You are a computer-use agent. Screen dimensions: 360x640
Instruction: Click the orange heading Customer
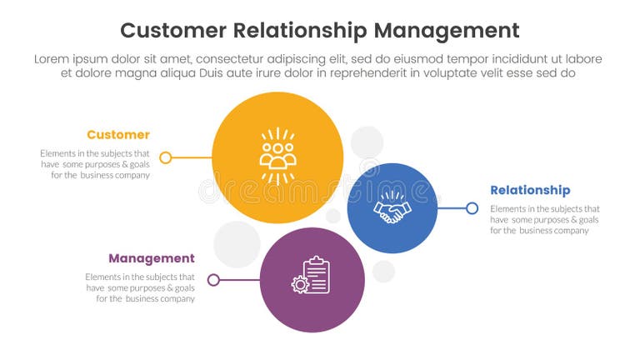(118, 135)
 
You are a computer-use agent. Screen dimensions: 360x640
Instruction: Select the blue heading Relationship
(530, 191)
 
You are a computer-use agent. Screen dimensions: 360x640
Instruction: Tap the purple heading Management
(152, 258)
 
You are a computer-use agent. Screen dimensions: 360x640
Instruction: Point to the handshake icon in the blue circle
(392, 208)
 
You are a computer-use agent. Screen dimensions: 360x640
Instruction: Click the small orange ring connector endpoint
(166, 157)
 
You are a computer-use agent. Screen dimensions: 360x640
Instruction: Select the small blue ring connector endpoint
(472, 208)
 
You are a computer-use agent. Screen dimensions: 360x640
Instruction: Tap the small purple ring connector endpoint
(213, 280)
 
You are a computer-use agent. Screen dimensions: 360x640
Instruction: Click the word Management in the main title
(446, 31)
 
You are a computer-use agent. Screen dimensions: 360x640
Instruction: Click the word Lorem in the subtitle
(52, 59)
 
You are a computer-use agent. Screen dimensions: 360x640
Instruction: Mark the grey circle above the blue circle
(367, 142)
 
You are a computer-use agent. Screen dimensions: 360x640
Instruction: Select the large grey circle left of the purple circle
(237, 244)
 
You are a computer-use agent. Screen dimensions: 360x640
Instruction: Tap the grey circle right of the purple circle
(383, 271)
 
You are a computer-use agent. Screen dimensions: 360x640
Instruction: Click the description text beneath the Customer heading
(95, 164)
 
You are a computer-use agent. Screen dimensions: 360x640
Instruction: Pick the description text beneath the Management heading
(140, 287)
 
